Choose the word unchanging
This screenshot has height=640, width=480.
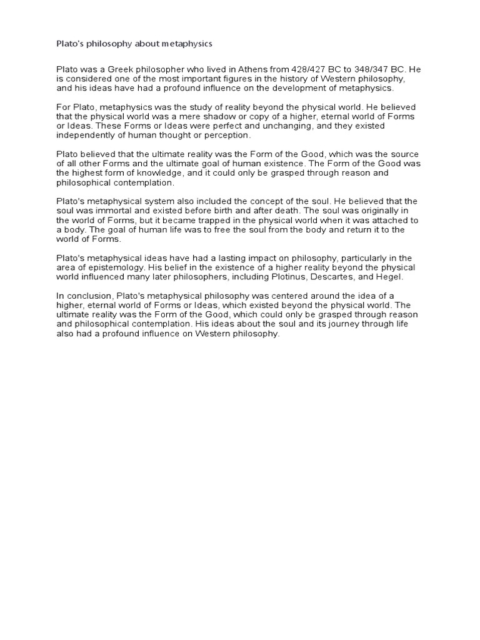[293, 126]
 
